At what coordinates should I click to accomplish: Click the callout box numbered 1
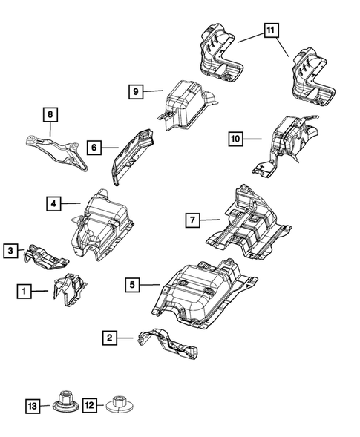[24, 292]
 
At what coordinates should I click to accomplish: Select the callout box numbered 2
[110, 338]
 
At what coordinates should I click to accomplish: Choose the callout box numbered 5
[131, 283]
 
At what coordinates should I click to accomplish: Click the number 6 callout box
[94, 148]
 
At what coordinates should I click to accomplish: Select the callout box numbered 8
[50, 114]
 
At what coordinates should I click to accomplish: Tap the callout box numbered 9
[136, 91]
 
